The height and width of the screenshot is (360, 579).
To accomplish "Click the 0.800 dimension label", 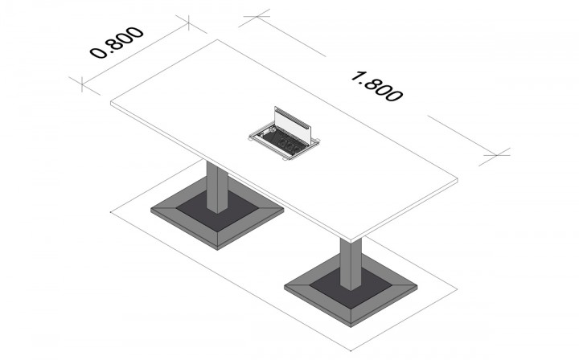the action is (x=117, y=43).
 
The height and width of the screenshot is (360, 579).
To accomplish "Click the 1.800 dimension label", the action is (x=376, y=87).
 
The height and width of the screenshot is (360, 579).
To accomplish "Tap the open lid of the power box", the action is (x=294, y=125).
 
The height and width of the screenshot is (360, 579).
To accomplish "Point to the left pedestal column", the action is (x=217, y=186).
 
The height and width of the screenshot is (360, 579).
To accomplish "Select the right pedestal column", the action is (x=351, y=264).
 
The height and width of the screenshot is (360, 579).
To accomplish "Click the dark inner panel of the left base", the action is (x=217, y=211).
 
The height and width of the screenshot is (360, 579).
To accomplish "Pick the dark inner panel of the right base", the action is (x=351, y=288).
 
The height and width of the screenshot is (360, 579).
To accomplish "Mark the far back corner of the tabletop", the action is (x=217, y=39).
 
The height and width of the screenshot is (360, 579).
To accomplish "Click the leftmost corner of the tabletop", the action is (x=111, y=104).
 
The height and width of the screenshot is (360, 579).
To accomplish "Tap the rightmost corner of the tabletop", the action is (x=458, y=179).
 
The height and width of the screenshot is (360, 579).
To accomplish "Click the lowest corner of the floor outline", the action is (x=351, y=351).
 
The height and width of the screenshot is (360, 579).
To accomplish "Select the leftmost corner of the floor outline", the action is (x=111, y=212).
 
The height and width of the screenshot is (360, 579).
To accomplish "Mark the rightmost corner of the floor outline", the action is (x=458, y=289).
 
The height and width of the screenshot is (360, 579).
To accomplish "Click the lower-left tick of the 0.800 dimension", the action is (x=82, y=84).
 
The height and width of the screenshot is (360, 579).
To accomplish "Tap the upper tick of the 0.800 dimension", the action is (x=189, y=22).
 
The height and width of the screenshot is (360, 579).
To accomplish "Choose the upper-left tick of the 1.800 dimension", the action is (x=257, y=17).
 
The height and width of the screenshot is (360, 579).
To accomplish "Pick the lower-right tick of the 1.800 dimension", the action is (x=497, y=155).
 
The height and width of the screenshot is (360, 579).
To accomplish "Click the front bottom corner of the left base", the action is (x=217, y=250).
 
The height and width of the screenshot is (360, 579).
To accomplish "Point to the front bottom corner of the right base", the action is (x=351, y=327).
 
